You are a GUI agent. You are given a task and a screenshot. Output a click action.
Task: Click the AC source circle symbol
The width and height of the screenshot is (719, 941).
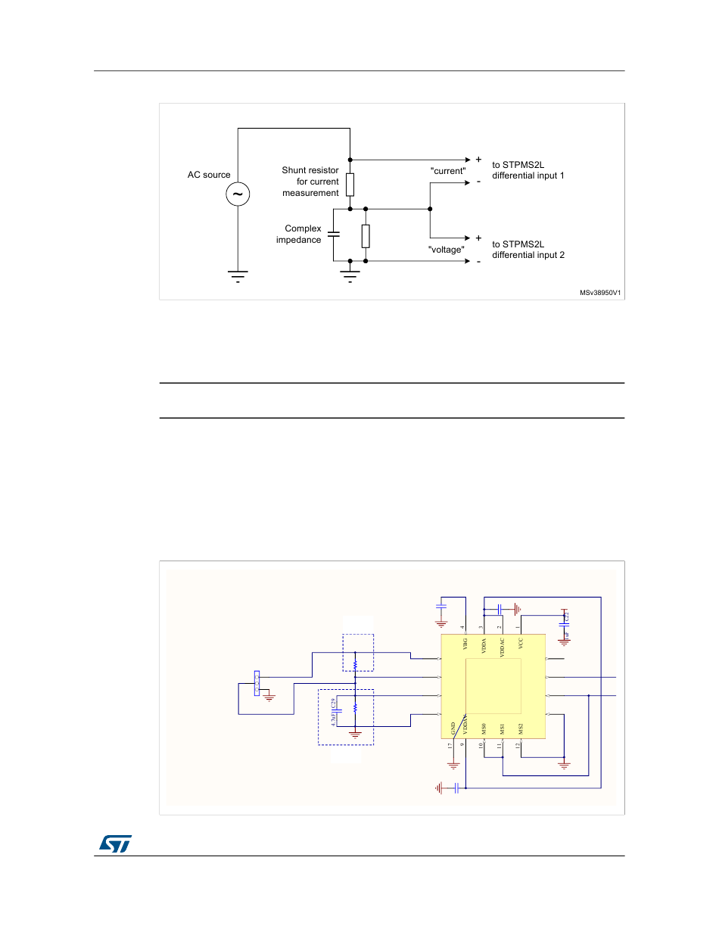coord(238,194)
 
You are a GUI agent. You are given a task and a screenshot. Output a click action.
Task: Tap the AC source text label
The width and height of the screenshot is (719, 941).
coord(209,175)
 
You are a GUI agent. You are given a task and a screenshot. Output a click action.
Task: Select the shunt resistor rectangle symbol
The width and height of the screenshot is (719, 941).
coord(350,184)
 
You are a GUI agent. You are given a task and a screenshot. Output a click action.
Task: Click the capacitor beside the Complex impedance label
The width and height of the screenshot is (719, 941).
coord(334,234)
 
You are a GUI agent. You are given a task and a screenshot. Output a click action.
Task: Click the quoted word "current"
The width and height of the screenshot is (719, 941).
coord(447,171)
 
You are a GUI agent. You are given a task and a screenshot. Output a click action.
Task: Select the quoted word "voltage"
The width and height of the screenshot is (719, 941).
coord(446,250)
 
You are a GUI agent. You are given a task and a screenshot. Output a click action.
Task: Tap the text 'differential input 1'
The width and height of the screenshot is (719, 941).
coord(528,175)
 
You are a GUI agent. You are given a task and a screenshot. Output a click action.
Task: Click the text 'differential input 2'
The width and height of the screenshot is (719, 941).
coord(528,255)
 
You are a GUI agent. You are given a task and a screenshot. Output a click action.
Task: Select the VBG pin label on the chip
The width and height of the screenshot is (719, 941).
coord(465,644)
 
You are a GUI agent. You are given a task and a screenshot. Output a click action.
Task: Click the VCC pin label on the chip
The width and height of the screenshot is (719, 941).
coord(521,644)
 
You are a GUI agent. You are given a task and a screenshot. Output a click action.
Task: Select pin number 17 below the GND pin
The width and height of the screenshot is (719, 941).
coord(450,746)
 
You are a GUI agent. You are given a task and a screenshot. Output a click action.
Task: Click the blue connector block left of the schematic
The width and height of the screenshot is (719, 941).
coord(257,682)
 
